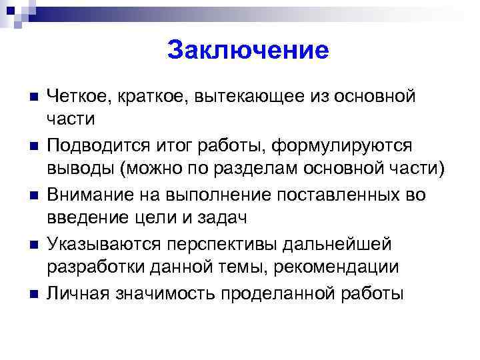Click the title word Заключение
click(248, 51)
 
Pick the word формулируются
click(347, 145)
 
